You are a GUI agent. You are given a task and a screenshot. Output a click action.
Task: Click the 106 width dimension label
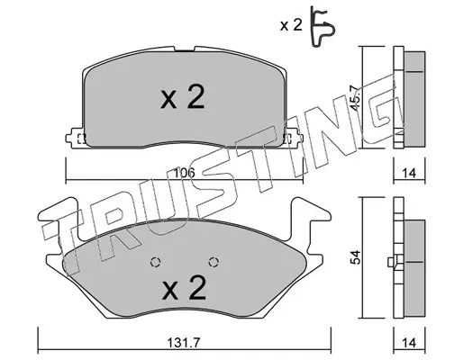pos(185,173)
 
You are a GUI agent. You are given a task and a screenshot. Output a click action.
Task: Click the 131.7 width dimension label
pos(183,343)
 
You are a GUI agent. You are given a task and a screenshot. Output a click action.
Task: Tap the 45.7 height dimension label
pos(356,98)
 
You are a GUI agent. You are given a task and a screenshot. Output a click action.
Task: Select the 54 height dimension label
pos(356,257)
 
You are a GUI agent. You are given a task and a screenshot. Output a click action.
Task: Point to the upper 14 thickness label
pos(409,173)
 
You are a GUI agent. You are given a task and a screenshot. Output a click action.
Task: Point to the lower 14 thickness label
pos(409,343)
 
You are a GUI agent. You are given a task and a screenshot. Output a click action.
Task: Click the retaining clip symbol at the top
pos(322,27)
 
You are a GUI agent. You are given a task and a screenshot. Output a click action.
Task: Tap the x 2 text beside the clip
pos(291,25)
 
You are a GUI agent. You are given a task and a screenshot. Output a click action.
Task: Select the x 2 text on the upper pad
pos(183,96)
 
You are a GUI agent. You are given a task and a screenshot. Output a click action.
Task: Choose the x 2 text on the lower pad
pos(184,288)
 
